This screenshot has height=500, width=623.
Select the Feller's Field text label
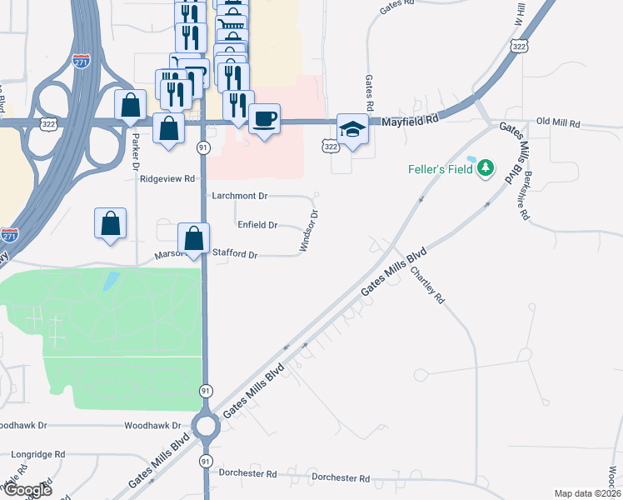point(440,168)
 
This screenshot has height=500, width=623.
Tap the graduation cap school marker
point(352,130)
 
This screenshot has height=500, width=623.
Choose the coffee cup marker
point(264,119)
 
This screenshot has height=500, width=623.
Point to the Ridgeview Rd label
point(167,178)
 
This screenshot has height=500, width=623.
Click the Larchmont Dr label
point(239,196)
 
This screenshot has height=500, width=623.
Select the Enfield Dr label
point(257,225)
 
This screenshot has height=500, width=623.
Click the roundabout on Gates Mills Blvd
point(205,427)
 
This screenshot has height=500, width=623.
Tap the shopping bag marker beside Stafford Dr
point(193,237)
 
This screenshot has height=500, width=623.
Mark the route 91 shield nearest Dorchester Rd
point(205,461)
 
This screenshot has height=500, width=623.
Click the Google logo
point(27,490)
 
